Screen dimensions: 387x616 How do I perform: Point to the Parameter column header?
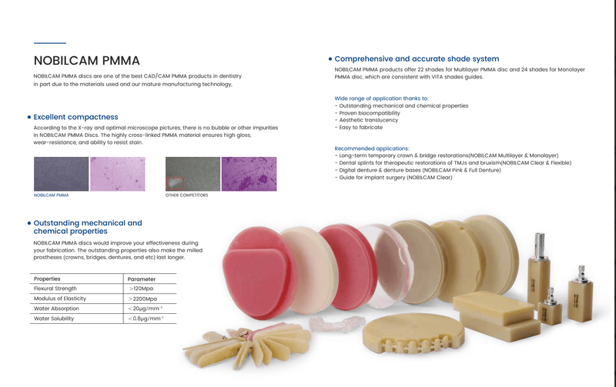pos(142,278)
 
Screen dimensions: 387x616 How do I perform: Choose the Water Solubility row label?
pos(59,318)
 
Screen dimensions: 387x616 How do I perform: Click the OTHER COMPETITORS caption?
pos(187,195)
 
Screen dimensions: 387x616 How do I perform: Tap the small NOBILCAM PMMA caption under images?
pos(50,195)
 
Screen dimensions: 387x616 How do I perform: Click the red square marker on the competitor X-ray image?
pos(176,183)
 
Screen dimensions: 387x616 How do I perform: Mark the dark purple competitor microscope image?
pos(249,173)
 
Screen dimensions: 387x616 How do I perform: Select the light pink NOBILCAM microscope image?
pos(116,173)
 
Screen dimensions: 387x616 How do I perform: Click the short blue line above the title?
pos(50,42)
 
